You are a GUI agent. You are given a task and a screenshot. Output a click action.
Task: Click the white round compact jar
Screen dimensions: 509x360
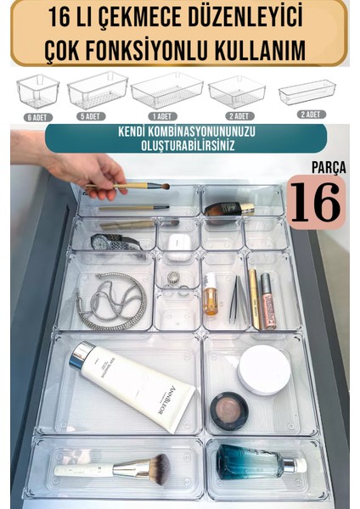[263, 370]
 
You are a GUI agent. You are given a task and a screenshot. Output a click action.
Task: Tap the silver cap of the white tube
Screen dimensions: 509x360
[82, 354]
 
